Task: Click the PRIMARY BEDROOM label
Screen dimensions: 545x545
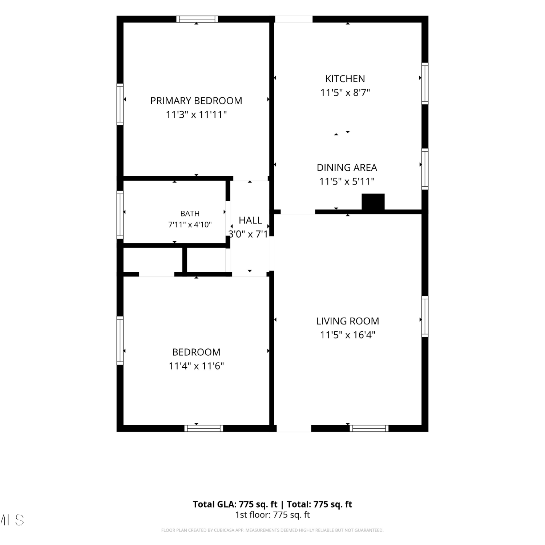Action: click(196, 101)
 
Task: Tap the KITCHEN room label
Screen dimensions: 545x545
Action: click(345, 79)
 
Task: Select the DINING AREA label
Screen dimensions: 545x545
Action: click(347, 167)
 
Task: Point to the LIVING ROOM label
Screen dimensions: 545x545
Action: click(348, 321)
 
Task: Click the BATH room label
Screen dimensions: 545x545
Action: click(190, 214)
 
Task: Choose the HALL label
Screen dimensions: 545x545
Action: click(250, 220)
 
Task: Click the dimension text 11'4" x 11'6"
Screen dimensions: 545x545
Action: click(196, 366)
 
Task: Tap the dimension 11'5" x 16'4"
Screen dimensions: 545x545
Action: click(348, 335)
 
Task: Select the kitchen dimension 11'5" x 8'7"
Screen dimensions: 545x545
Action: click(345, 93)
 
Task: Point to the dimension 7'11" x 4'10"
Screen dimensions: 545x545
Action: click(190, 225)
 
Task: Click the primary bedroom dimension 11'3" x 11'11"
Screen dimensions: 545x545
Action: click(196, 115)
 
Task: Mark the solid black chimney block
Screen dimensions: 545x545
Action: click(373, 202)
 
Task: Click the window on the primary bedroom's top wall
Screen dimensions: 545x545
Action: click(197, 19)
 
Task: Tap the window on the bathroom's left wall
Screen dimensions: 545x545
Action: click(120, 215)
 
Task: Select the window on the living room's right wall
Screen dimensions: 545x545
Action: click(425, 316)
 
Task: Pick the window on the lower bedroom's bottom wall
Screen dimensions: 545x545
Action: click(204, 428)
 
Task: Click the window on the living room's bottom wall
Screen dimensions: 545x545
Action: click(369, 428)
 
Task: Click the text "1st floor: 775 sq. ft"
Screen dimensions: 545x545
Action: click(272, 515)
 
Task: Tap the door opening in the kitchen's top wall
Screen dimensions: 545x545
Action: click(294, 19)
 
